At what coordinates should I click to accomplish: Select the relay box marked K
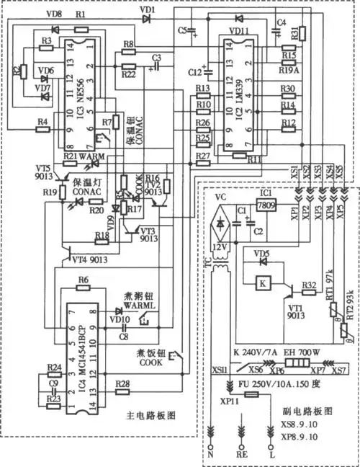[x=262, y=283]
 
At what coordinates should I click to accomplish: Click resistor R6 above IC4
[x=84, y=289]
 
